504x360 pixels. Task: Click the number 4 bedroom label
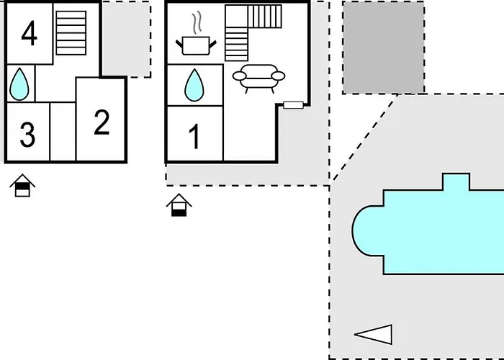click(x=30, y=33)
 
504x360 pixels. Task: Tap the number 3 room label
click(x=27, y=135)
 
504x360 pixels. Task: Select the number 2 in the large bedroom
click(x=102, y=122)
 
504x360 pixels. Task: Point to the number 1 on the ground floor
click(x=194, y=137)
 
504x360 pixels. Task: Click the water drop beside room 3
click(x=19, y=84)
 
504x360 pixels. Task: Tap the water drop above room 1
click(x=194, y=86)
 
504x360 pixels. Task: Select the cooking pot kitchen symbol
click(x=196, y=45)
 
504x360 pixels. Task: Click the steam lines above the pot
click(x=197, y=22)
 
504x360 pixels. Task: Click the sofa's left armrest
click(x=240, y=76)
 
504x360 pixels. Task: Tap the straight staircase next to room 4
click(x=71, y=33)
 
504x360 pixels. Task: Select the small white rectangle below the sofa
click(x=293, y=105)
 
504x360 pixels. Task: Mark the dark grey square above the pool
click(x=383, y=48)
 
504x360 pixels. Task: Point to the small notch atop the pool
click(x=456, y=182)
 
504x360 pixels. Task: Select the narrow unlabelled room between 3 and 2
click(x=63, y=132)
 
